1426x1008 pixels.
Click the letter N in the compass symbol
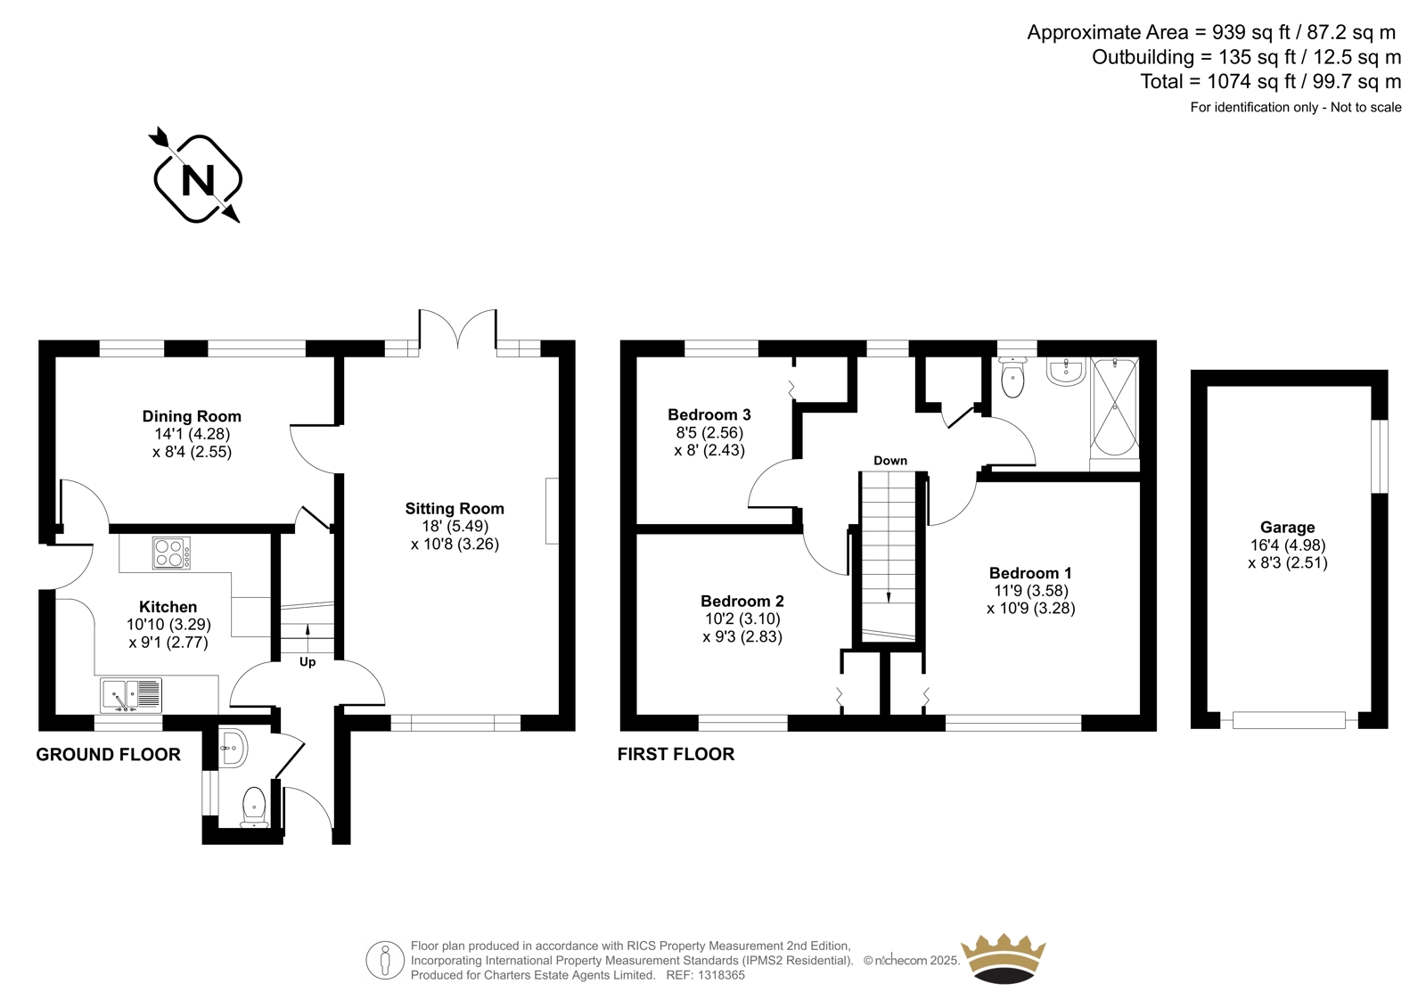tap(198, 179)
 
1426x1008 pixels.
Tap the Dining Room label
tap(192, 416)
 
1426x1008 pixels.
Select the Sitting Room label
tap(455, 509)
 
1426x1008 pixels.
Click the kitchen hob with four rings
tap(171, 553)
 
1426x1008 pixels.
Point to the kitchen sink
tap(130, 695)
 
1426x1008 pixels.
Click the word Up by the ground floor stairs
tap(307, 662)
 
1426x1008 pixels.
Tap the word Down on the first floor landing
tap(890, 461)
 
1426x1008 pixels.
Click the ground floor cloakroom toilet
tap(254, 807)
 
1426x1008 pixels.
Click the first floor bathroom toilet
tap(1012, 376)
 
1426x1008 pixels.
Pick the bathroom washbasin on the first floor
tap(1066, 372)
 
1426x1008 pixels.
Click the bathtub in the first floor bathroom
tap(1115, 407)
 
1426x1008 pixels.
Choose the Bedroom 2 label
tap(742, 601)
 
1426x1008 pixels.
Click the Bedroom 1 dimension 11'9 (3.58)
tap(1031, 591)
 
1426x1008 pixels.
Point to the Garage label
tap(1288, 528)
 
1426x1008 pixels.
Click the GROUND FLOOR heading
tap(108, 755)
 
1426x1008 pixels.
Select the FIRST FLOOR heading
tap(676, 755)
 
